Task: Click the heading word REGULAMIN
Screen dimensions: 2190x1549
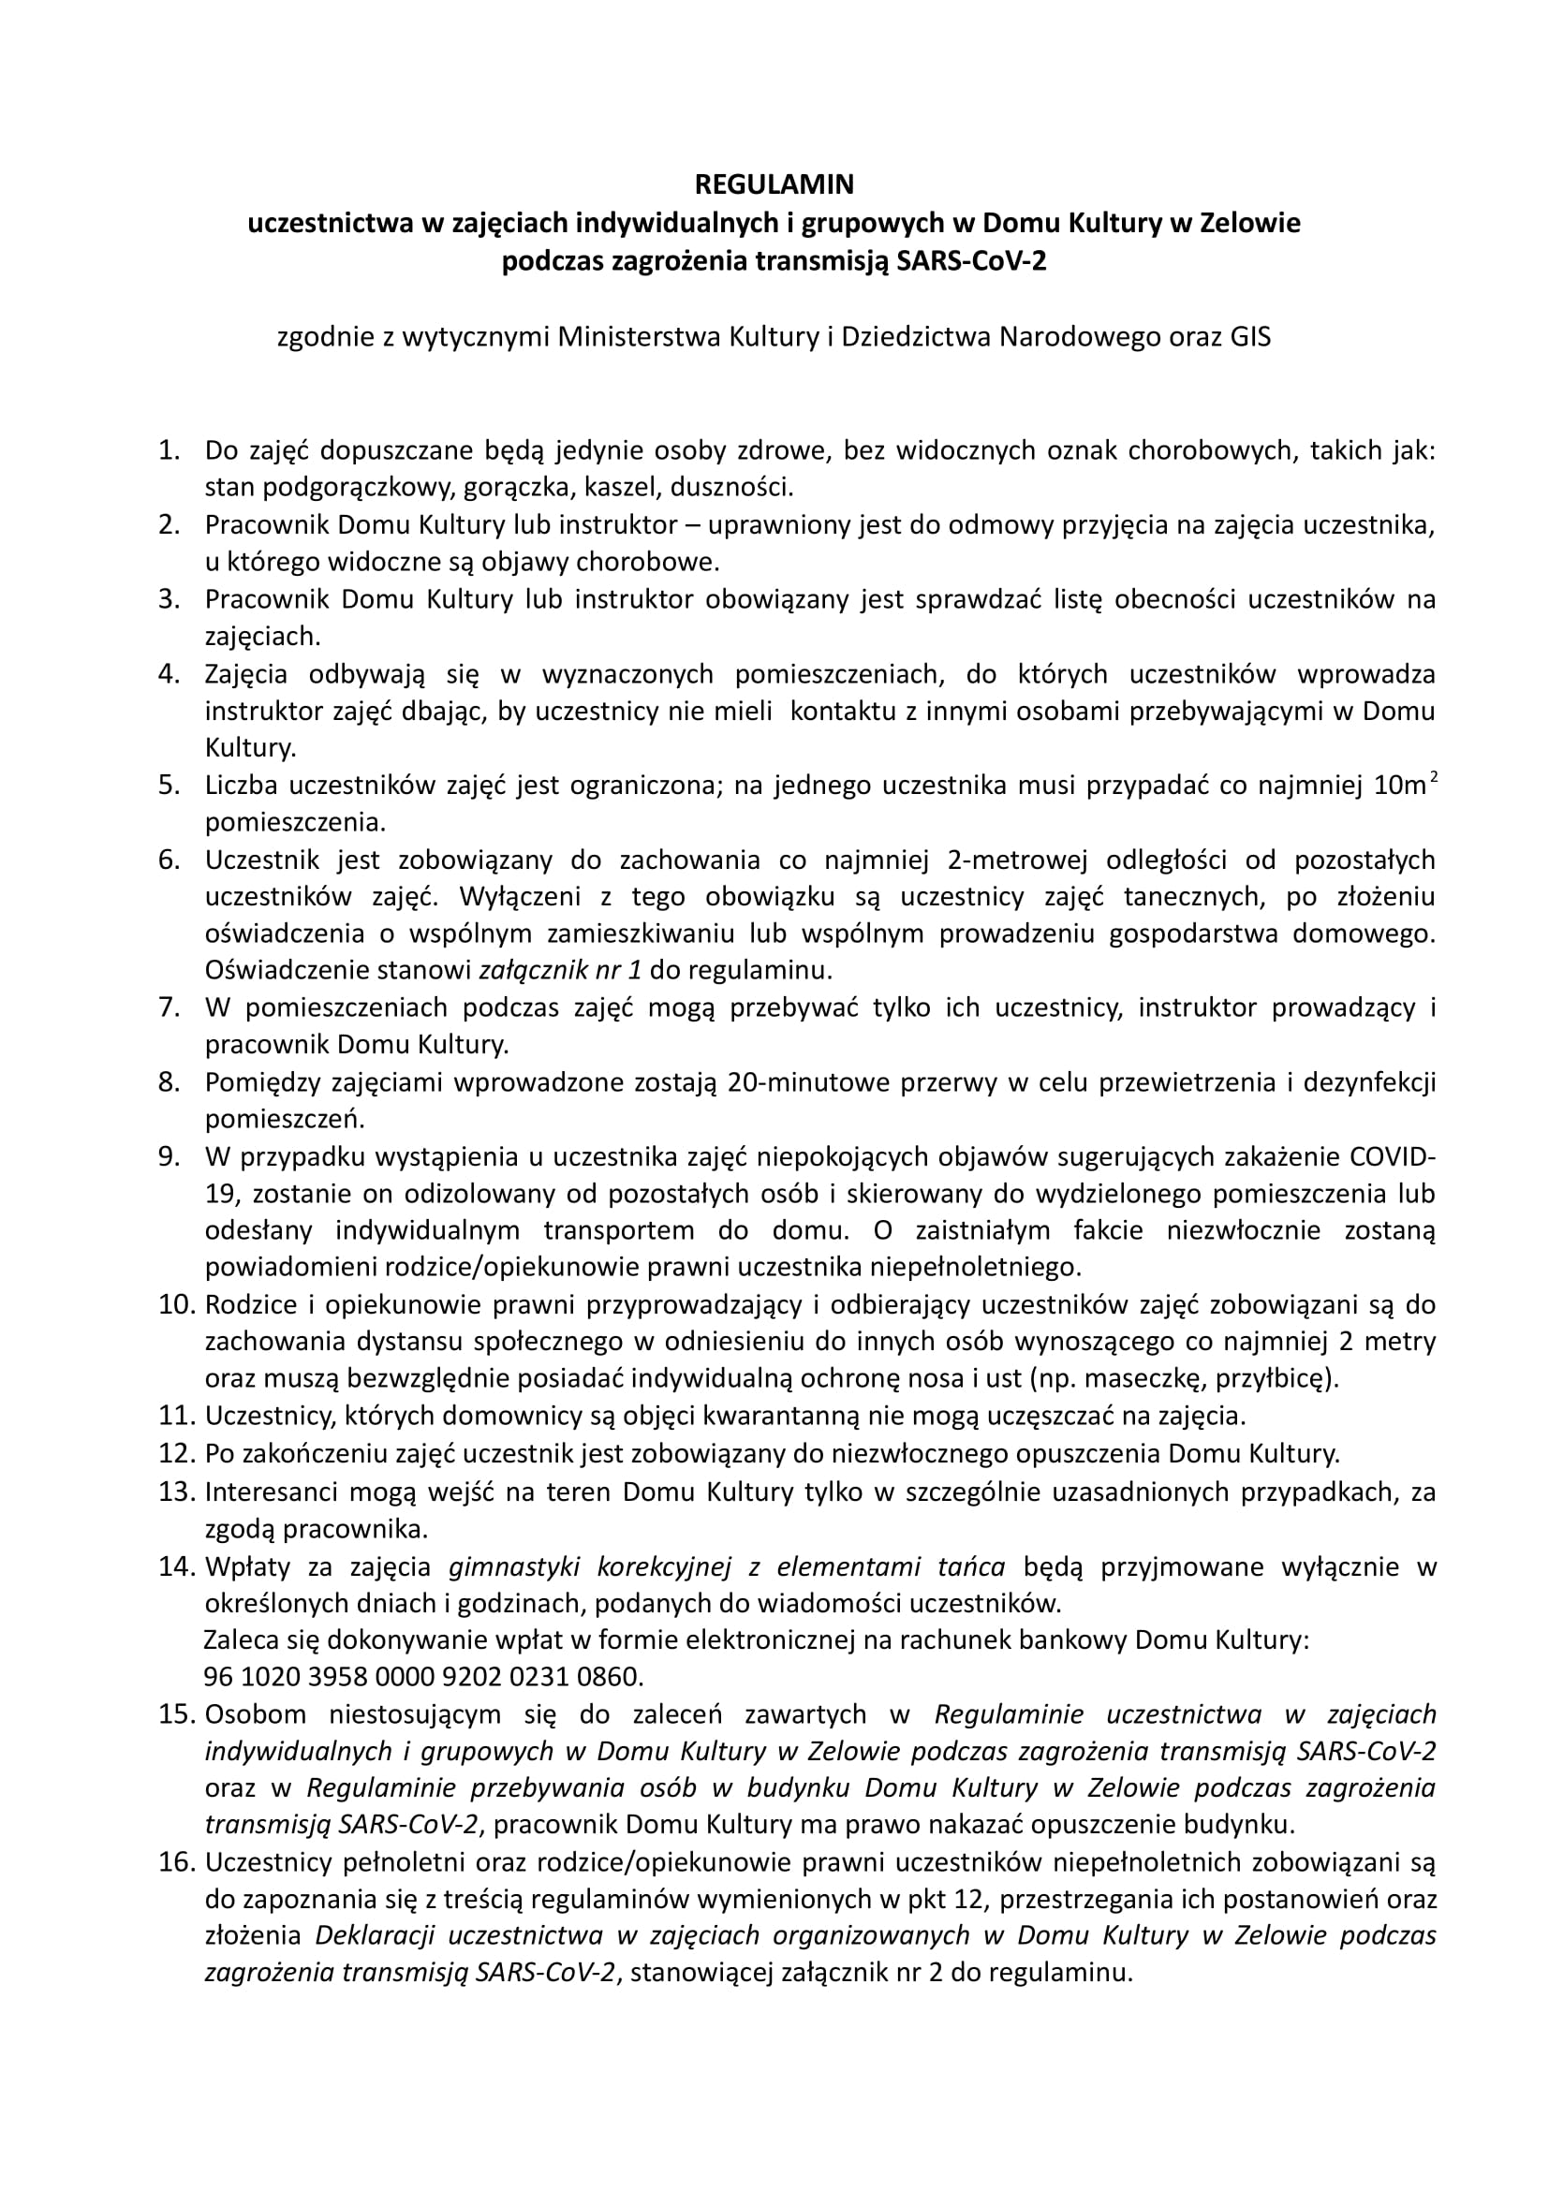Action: pos(774,184)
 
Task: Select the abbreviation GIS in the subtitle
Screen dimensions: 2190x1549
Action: pos(1244,338)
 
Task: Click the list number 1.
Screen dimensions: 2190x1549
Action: pos(169,451)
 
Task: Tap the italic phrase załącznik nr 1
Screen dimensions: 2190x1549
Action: pos(559,971)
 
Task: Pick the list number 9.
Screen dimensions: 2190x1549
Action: pos(169,1157)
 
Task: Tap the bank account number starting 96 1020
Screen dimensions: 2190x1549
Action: pos(423,1677)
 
